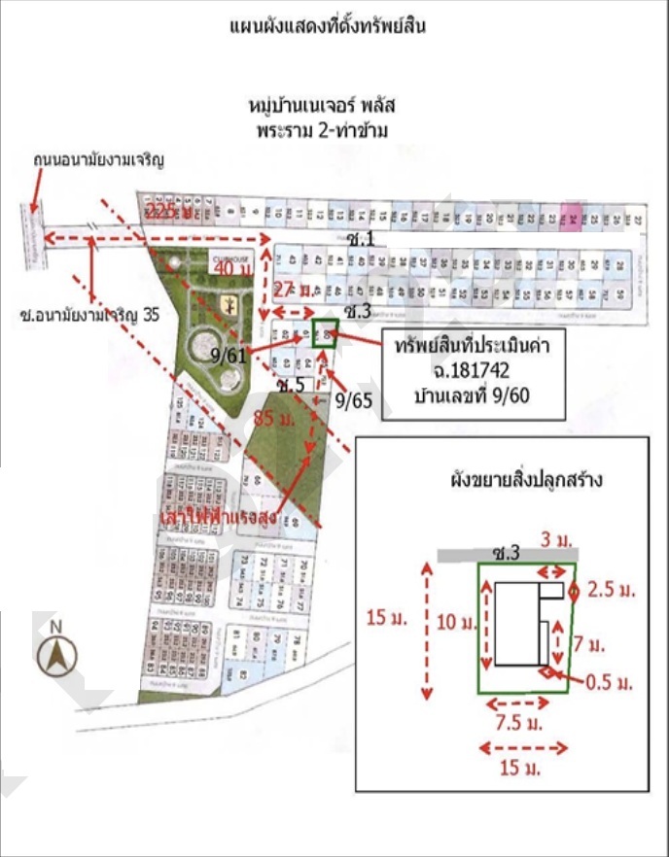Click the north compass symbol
point(56,654)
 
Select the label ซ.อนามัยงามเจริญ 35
point(88,315)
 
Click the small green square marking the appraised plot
point(326,334)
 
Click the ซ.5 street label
point(291,385)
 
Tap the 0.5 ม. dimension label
point(610,682)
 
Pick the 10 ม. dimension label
point(450,622)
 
